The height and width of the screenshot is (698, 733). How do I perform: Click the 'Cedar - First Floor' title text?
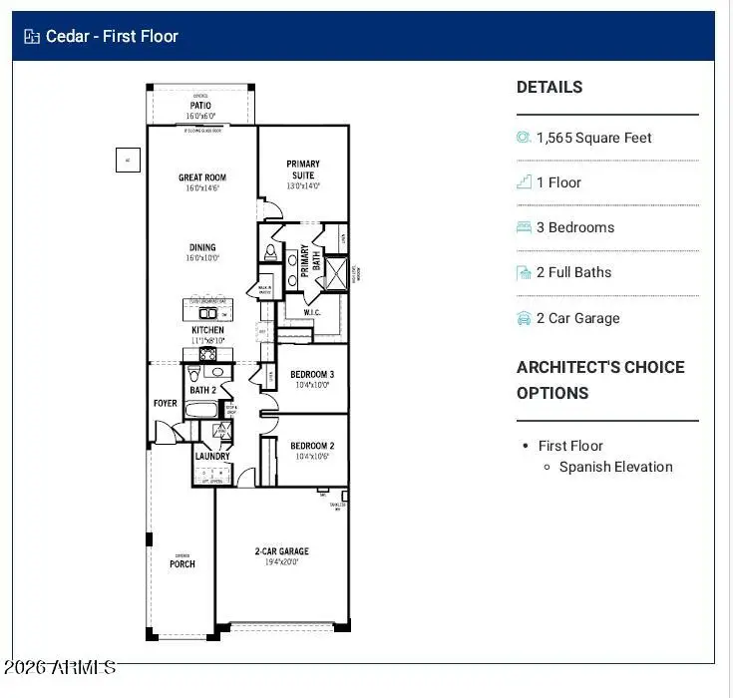[x=112, y=37]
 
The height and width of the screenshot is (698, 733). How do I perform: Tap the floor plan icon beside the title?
[x=32, y=37]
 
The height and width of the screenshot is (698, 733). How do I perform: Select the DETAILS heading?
[x=550, y=88]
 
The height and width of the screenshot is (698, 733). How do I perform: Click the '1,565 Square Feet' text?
[x=593, y=138]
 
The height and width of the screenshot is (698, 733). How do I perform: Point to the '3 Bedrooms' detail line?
[x=574, y=227]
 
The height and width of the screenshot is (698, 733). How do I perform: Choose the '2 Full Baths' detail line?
[x=573, y=272]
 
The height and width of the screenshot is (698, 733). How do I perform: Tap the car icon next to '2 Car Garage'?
[x=524, y=318]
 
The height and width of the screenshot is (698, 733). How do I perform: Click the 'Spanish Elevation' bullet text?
[x=615, y=467]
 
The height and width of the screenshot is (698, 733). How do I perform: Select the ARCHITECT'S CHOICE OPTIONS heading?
[x=600, y=380]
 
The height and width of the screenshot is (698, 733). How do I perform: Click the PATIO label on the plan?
[x=201, y=106]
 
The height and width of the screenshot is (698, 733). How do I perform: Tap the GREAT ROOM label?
[x=202, y=178]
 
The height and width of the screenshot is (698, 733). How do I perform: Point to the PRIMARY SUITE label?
[x=303, y=170]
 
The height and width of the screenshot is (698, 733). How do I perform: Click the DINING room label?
[x=202, y=248]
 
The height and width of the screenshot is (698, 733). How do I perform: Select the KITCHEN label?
[x=207, y=330]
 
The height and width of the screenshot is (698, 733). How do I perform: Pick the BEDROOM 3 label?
[x=312, y=375]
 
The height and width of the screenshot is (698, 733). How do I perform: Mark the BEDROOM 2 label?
[x=312, y=446]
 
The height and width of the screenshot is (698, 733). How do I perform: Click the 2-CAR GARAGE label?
[x=281, y=551]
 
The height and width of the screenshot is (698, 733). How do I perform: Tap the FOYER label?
[x=165, y=404]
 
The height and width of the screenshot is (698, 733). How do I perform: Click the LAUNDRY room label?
[x=212, y=457]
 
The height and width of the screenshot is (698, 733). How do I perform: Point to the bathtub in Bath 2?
[x=203, y=409]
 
